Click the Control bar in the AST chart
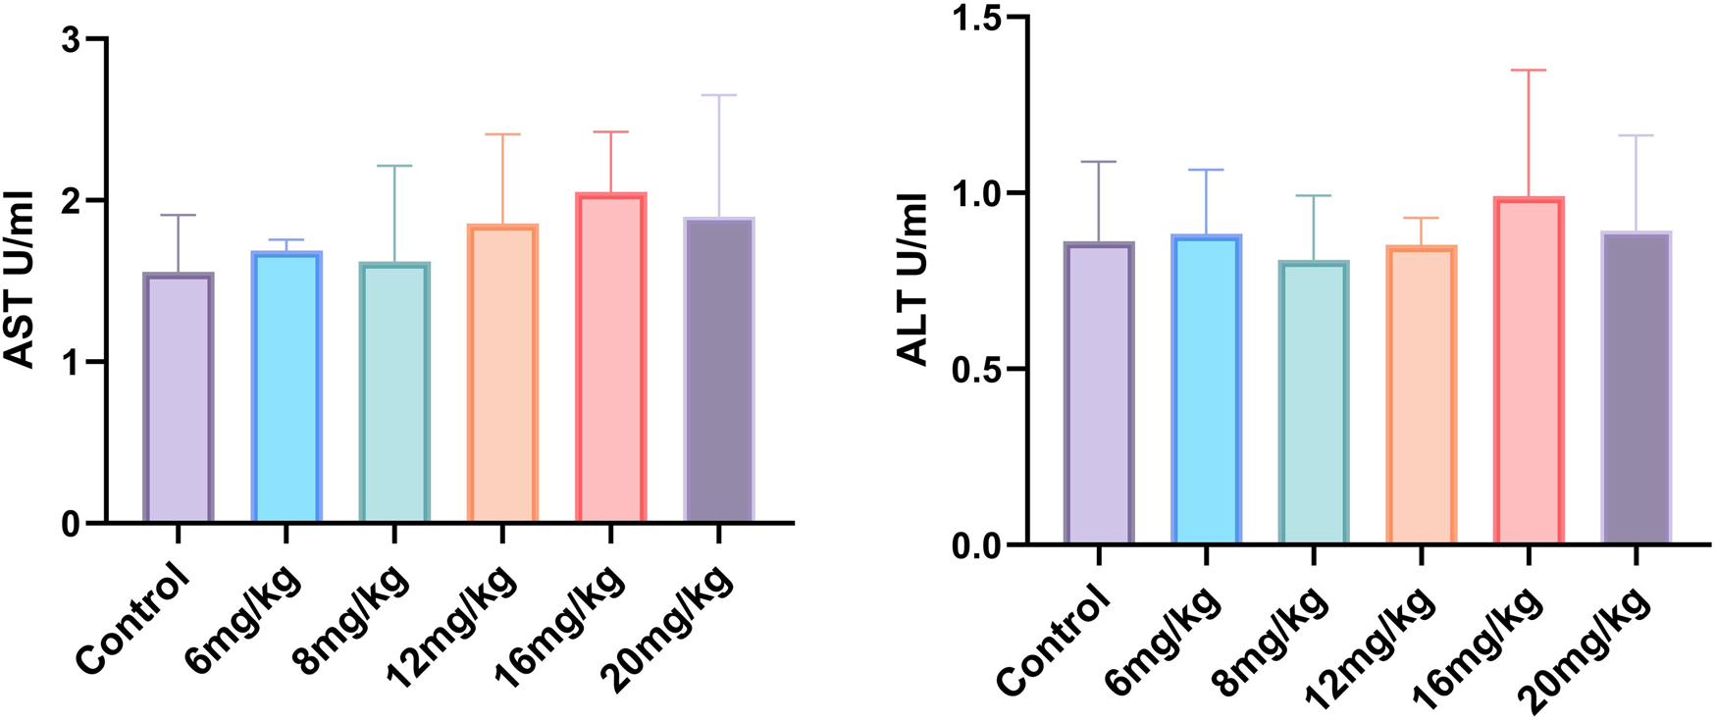(x=179, y=397)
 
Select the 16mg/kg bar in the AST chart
(x=610, y=358)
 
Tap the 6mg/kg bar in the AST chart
(x=286, y=386)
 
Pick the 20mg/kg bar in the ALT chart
(x=1637, y=388)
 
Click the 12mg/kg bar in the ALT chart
(x=1422, y=395)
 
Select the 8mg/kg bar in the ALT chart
(x=1314, y=403)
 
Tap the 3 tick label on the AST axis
(x=71, y=40)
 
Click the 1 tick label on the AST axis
(x=71, y=363)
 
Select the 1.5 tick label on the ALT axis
(x=976, y=18)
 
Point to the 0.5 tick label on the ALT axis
(x=976, y=370)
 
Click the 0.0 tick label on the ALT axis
(x=976, y=545)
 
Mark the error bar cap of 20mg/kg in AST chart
(x=719, y=95)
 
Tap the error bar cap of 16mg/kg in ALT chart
(x=1529, y=71)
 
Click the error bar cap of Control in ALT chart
(x=1099, y=162)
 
